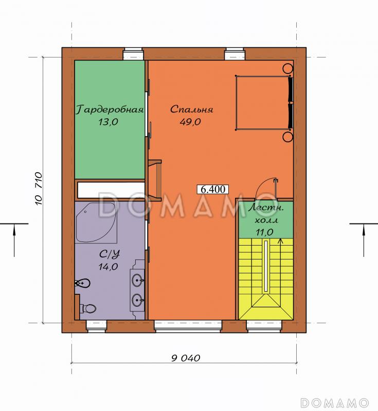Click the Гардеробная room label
pyautogui.click(x=110, y=109)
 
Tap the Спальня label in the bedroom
pyautogui.click(x=191, y=109)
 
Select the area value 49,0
pyautogui.click(x=190, y=122)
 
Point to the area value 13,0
pyautogui.click(x=108, y=122)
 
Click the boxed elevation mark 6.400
pyautogui.click(x=213, y=189)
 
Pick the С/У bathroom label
pyautogui.click(x=110, y=254)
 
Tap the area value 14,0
pyautogui.click(x=108, y=267)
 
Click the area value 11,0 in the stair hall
pyautogui.click(x=264, y=232)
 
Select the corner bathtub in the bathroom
pyautogui.click(x=96, y=222)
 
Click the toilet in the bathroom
pyautogui.click(x=88, y=309)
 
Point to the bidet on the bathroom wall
pyautogui.click(x=82, y=284)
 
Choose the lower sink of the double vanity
pyautogui.click(x=138, y=300)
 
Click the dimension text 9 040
pyautogui.click(x=186, y=358)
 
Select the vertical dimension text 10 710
pyautogui.click(x=38, y=189)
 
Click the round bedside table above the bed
pyautogui.click(x=288, y=69)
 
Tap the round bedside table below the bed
pyautogui.click(x=288, y=137)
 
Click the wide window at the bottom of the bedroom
pyautogui.click(x=188, y=326)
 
